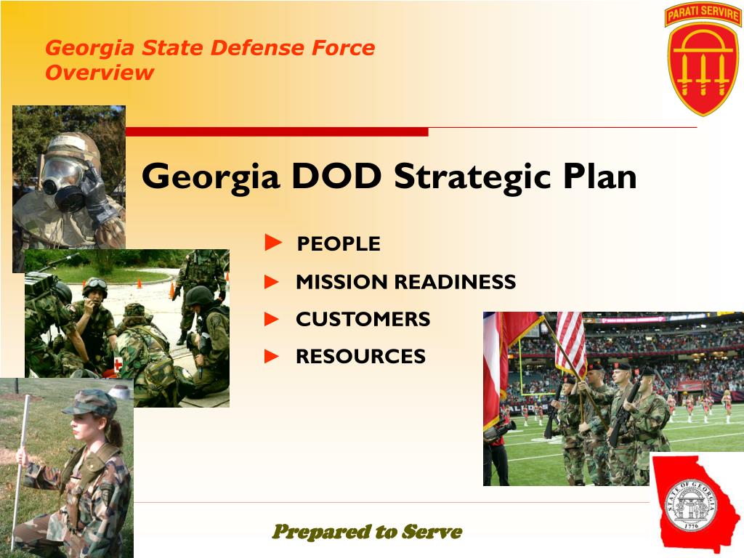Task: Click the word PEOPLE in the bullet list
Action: click(339, 244)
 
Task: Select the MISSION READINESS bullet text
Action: click(405, 282)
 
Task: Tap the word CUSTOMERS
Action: click(363, 319)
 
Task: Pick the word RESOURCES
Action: click(360, 357)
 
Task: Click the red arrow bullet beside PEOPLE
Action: click(272, 243)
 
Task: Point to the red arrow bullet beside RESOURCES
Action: click(272, 356)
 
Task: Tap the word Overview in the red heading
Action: click(100, 73)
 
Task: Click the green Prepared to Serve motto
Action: click(367, 532)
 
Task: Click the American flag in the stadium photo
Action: click(570, 341)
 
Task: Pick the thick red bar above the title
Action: click(277, 132)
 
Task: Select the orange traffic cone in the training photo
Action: click(175, 290)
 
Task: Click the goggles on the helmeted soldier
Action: click(95, 283)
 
